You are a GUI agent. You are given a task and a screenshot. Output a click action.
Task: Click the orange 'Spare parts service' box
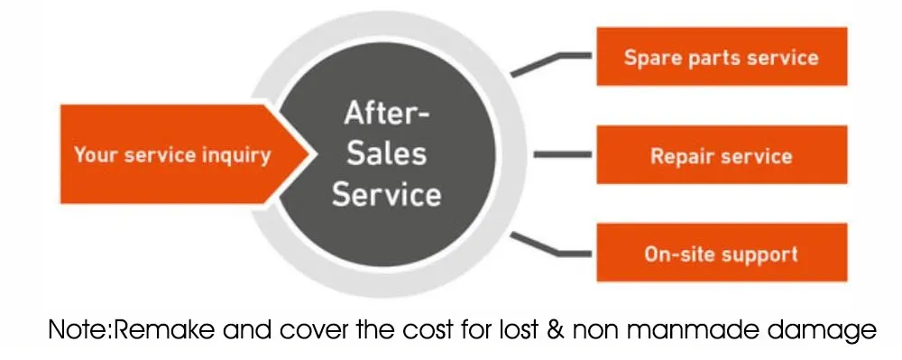(x=721, y=57)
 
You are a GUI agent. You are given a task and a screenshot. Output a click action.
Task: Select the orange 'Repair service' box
(x=721, y=155)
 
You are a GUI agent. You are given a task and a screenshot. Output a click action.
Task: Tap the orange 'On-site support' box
(x=721, y=254)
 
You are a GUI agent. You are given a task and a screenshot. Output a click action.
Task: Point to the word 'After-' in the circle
(x=387, y=115)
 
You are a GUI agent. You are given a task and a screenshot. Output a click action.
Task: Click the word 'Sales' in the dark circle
(x=385, y=153)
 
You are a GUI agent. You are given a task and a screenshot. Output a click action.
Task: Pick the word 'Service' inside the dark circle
(x=386, y=194)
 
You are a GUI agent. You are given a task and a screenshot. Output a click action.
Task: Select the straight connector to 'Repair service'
(x=563, y=155)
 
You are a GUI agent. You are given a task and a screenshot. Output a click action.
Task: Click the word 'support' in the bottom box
(x=760, y=254)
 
